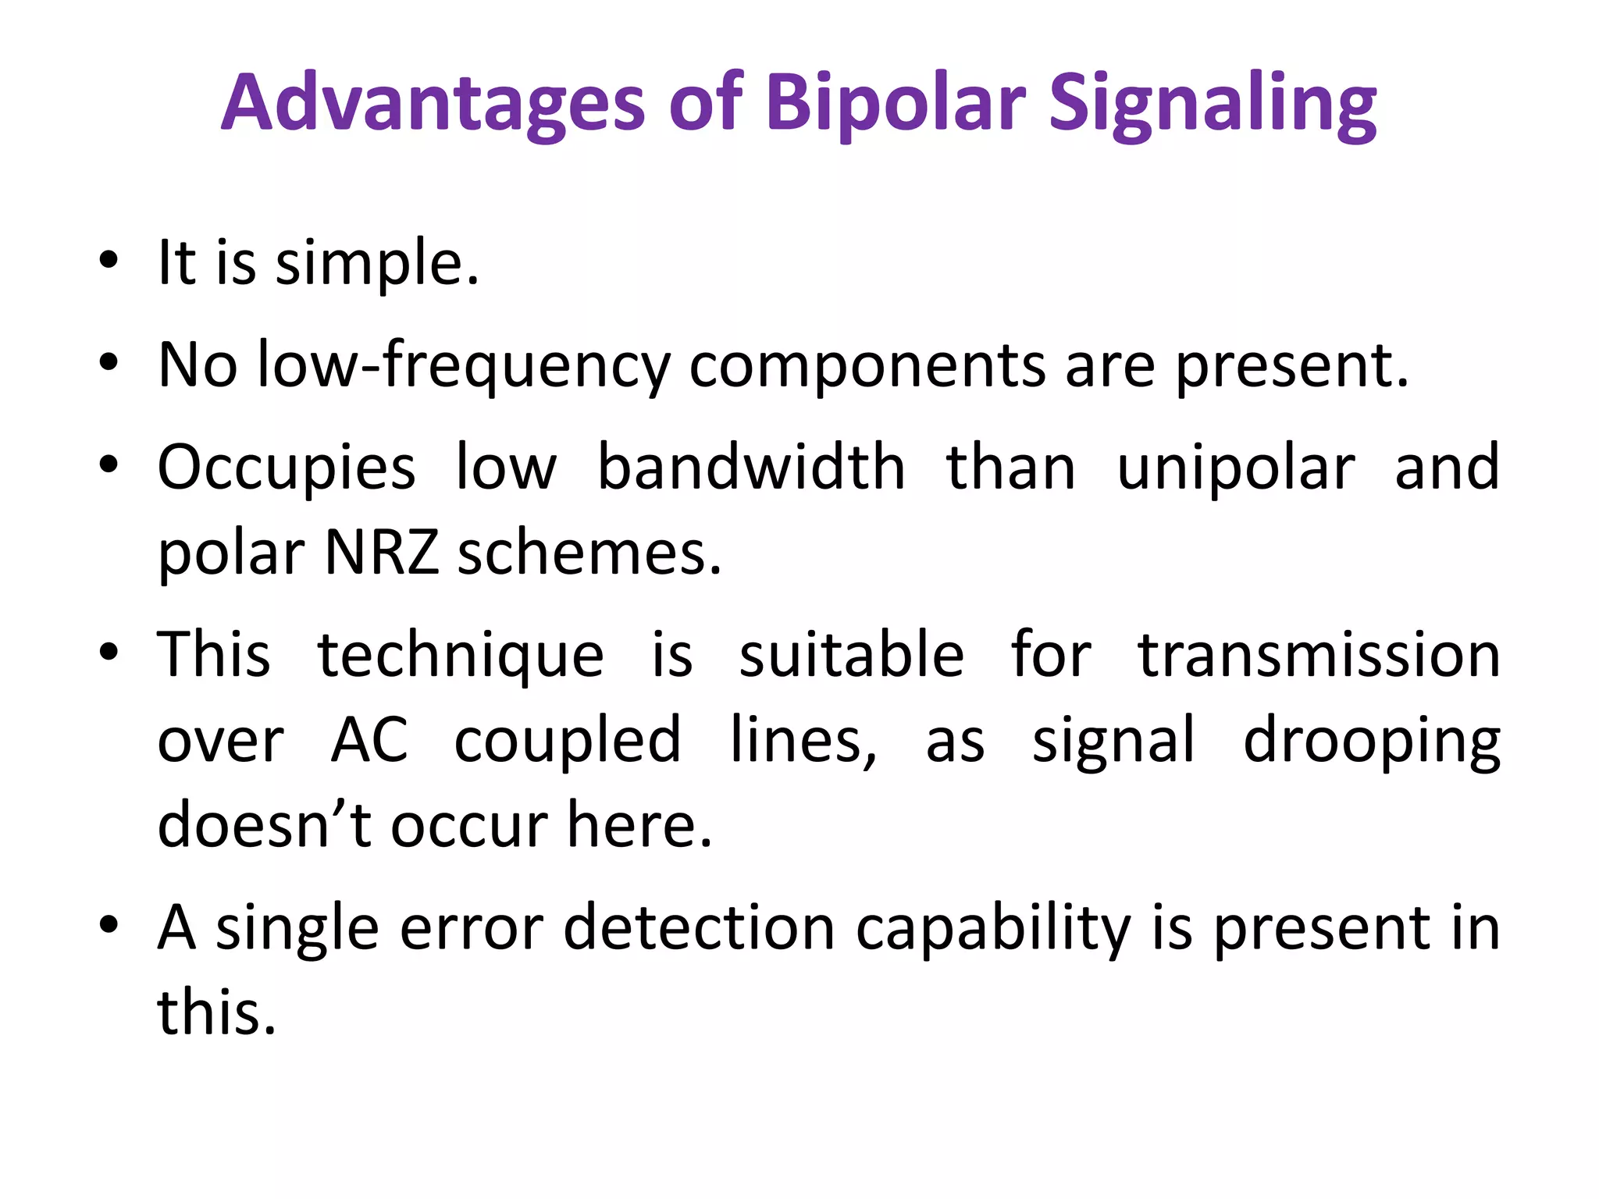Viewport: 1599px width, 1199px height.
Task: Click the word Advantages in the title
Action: [433, 103]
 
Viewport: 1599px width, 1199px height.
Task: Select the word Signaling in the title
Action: [1212, 103]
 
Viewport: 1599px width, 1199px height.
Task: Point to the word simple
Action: [377, 263]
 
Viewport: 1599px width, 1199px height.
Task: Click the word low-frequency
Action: [464, 365]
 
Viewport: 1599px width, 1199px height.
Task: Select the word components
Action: [867, 365]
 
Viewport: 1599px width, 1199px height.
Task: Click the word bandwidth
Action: [750, 467]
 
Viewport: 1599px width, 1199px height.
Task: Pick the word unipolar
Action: [1236, 468]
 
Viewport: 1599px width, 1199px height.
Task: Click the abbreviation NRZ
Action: [382, 553]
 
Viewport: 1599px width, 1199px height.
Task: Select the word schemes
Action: [589, 553]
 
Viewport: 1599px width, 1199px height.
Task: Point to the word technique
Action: [461, 655]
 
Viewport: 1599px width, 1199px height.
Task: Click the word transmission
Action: [1319, 655]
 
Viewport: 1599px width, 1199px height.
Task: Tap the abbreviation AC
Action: [369, 739]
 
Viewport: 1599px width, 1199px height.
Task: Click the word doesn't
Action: [265, 824]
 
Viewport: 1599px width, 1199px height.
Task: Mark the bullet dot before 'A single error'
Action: [109, 924]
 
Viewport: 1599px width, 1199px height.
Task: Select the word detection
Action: [700, 927]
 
